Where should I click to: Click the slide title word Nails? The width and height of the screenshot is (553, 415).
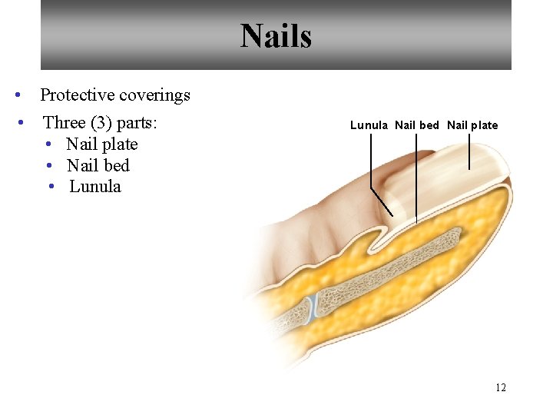tap(276, 36)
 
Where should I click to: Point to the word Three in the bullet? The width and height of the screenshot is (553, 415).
tap(64, 123)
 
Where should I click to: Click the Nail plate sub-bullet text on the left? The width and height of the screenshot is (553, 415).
tap(102, 144)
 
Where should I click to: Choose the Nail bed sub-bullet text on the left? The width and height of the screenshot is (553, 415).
tap(98, 165)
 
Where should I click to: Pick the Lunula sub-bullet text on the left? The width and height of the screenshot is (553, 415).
tap(95, 187)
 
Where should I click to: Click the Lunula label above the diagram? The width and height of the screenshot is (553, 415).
tap(369, 125)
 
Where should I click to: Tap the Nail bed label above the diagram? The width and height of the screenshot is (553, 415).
tap(417, 125)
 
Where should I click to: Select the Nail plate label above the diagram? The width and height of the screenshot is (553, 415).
tap(472, 125)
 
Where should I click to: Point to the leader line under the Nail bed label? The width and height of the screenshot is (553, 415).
tap(416, 177)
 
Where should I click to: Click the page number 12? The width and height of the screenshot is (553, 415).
tap(501, 387)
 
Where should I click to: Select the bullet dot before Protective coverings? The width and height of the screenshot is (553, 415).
tap(18, 95)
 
